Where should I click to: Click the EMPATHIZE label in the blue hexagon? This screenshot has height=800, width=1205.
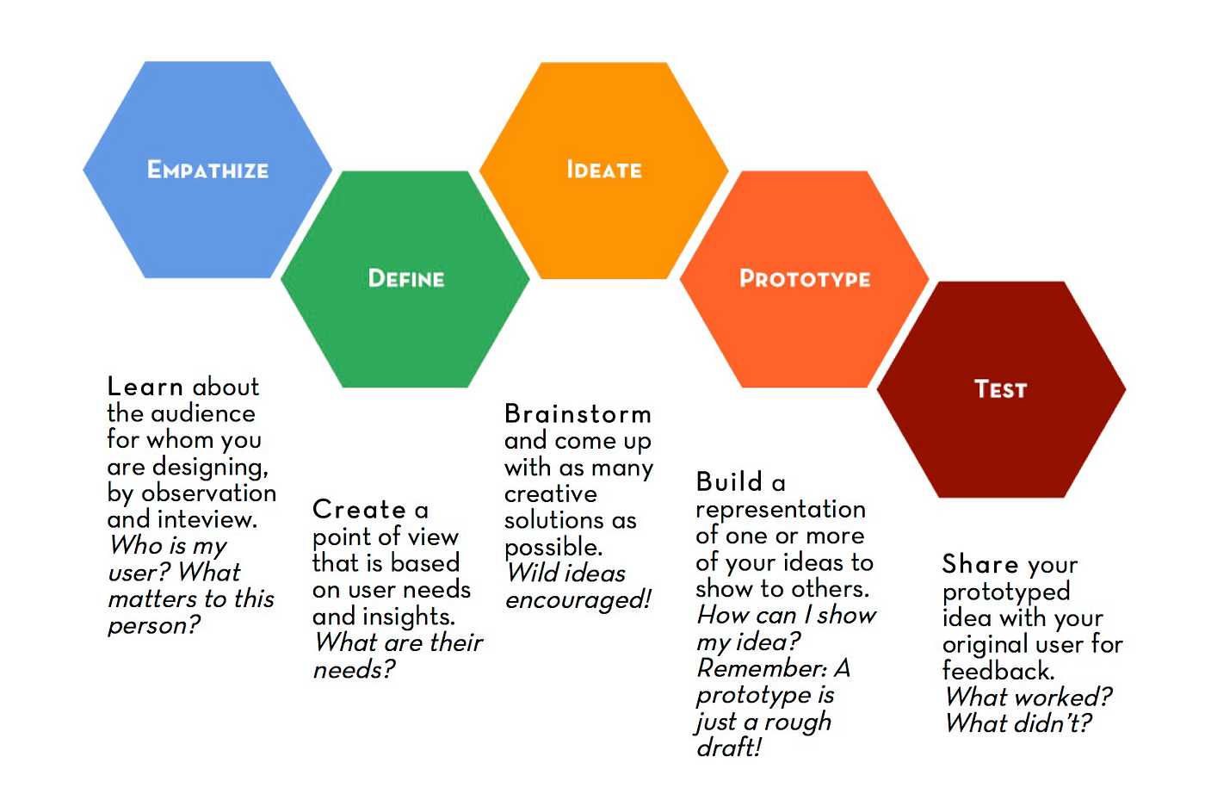[x=207, y=170]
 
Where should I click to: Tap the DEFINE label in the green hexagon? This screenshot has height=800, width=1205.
[x=406, y=278]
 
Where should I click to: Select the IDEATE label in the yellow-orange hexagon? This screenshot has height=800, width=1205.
[x=604, y=170]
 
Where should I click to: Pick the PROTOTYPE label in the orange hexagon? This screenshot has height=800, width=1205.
[x=805, y=278]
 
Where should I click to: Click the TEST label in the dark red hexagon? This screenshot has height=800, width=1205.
[x=1000, y=389]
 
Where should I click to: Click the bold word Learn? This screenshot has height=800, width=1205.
[x=145, y=387]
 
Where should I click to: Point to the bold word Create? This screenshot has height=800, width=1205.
[x=359, y=510]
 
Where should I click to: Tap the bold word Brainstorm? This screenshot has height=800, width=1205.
[x=578, y=414]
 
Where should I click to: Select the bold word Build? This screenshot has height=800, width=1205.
[x=729, y=481]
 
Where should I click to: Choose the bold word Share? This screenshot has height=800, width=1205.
[x=980, y=564]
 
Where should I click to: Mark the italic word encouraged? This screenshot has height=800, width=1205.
[x=578, y=599]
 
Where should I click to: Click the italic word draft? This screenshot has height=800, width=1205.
[x=729, y=747]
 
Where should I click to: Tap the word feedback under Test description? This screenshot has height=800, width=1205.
[x=997, y=671]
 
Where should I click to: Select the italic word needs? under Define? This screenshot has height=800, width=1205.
[x=354, y=670]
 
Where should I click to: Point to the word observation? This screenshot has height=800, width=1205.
[x=209, y=493]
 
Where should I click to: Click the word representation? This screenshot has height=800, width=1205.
[x=781, y=510]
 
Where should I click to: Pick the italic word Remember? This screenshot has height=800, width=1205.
[x=762, y=668]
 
